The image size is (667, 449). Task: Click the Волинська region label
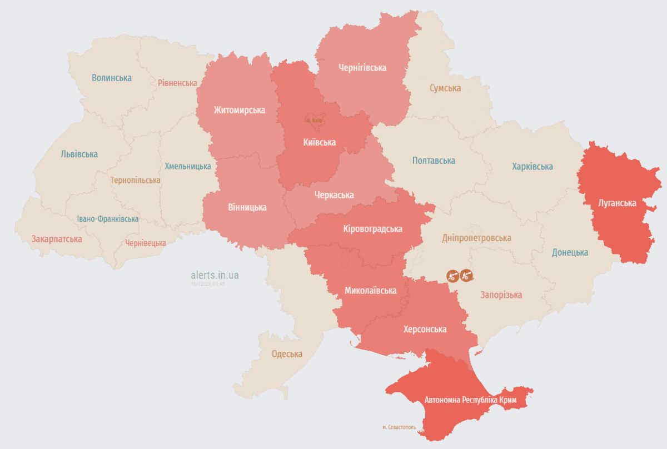coord(112,78)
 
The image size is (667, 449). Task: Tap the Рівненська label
coord(177,83)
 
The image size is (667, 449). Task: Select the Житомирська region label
coord(239,110)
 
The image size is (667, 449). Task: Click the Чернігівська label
coord(362,68)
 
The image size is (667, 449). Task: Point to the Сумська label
coord(445,88)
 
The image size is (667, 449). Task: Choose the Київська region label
coord(319,142)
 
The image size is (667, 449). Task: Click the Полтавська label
coord(434,161)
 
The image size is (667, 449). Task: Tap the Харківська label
coord(532,167)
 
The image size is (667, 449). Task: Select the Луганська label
coord(618,203)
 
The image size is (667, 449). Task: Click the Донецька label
coord(570,252)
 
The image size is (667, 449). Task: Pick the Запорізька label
coord(501,295)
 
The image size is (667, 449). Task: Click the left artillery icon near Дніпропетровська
coord(453,275)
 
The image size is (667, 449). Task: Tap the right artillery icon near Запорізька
coord(466,275)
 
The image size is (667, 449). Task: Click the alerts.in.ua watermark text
coord(215,275)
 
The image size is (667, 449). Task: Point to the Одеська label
coord(287,354)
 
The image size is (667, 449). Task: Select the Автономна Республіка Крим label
coord(470,400)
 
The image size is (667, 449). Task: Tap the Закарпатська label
coord(57,239)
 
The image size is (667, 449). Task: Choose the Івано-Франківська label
coord(108,219)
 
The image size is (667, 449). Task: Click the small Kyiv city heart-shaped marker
coord(314,119)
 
